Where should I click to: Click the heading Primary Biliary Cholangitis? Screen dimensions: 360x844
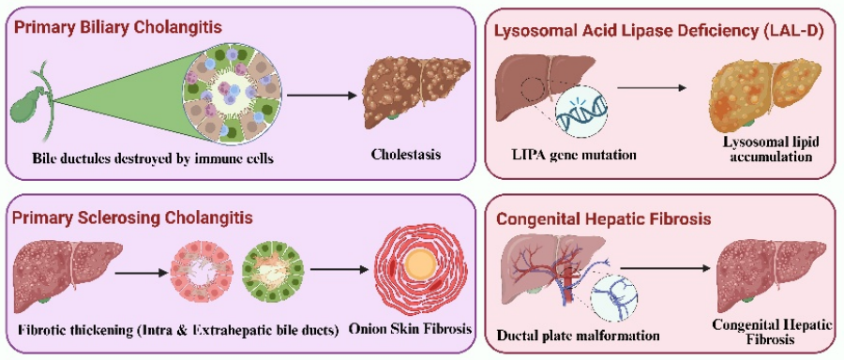[116, 27]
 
